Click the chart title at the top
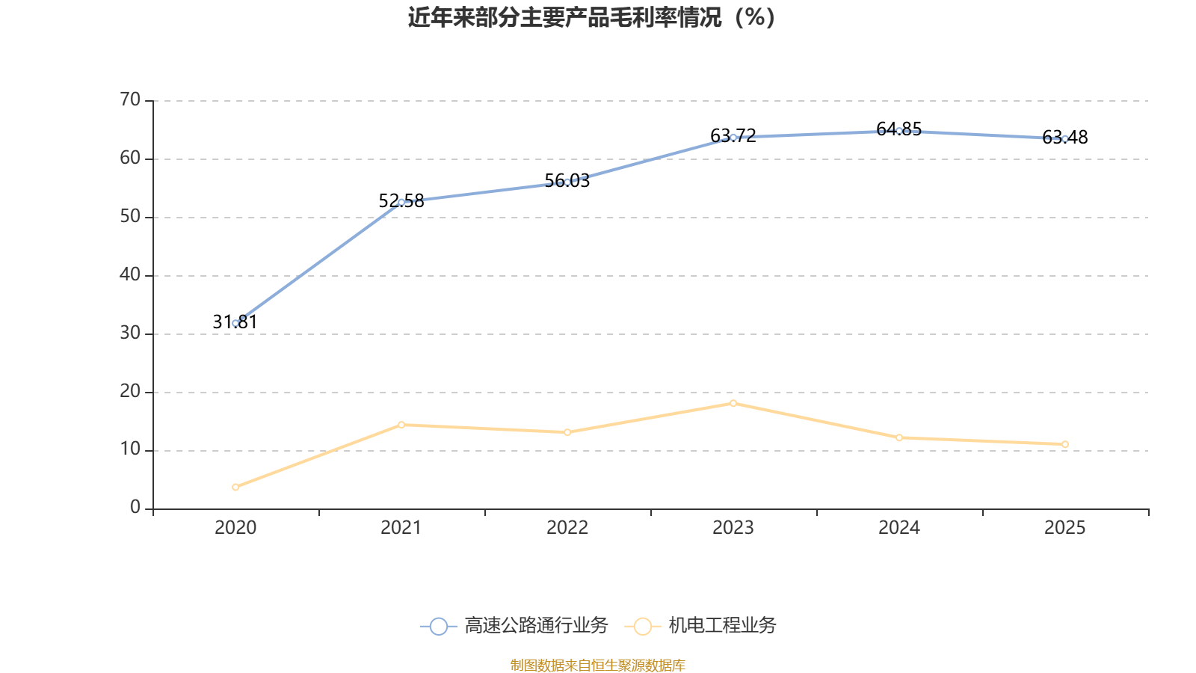591,17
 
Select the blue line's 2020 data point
235,323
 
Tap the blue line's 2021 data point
401,202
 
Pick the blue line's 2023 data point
733,137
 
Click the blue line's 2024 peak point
899,131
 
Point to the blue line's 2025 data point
1065,138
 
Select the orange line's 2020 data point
235,487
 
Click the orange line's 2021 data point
401,425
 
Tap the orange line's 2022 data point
567,432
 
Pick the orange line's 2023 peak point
733,403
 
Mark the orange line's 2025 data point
1065,444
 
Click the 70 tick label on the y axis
130,99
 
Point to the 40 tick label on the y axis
130,274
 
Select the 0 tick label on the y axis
135,508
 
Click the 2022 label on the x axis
567,528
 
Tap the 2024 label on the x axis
899,528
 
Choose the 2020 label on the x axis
235,528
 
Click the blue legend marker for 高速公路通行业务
439,626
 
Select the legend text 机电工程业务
722,626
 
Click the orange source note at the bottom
598,665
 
